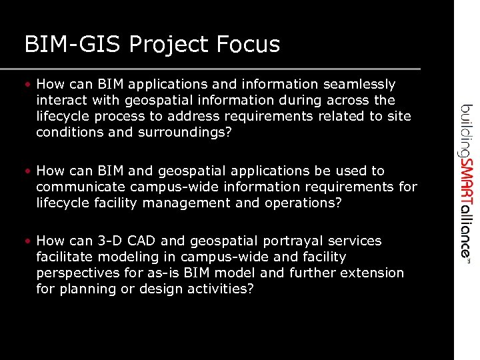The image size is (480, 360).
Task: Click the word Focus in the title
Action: [248, 45]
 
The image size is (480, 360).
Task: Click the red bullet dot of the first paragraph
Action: [29, 85]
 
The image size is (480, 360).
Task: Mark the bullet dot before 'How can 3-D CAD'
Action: [29, 241]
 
